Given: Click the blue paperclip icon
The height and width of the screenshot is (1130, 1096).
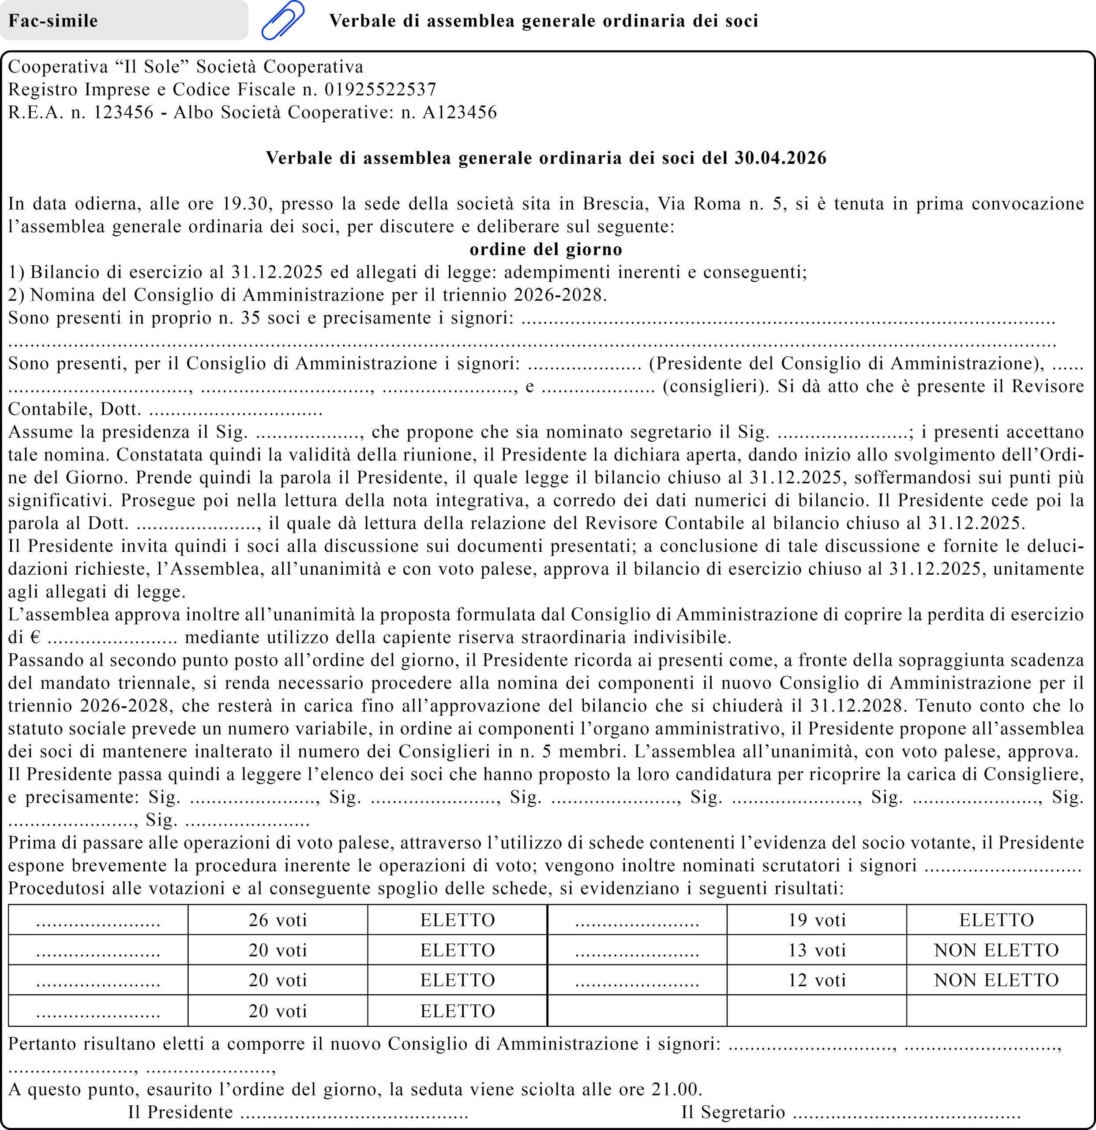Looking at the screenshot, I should click(x=283, y=20).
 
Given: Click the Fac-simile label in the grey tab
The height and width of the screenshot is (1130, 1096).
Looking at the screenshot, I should click(x=53, y=21).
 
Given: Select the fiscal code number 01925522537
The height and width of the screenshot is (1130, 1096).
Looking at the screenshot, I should click(x=380, y=89).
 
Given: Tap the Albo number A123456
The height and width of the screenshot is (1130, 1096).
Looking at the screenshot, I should click(x=459, y=113).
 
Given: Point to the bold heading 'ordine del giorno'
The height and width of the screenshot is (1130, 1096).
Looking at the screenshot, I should click(x=546, y=249).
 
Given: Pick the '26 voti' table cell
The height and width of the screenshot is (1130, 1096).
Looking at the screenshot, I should click(x=278, y=919).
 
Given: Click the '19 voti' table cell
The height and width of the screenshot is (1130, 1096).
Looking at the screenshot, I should click(x=817, y=919).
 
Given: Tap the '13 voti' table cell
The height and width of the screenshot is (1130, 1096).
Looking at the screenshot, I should click(x=817, y=949).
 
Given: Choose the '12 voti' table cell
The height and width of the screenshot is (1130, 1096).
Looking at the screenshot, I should click(x=817, y=979).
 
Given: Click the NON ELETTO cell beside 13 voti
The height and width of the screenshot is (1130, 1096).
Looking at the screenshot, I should click(x=996, y=949).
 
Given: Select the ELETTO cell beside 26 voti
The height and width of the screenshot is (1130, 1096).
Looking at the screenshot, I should click(x=458, y=919).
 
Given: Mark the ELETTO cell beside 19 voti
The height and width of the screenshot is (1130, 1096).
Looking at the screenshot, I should click(x=996, y=919).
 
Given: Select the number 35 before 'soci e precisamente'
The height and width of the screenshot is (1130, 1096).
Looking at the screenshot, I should click(x=251, y=318).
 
